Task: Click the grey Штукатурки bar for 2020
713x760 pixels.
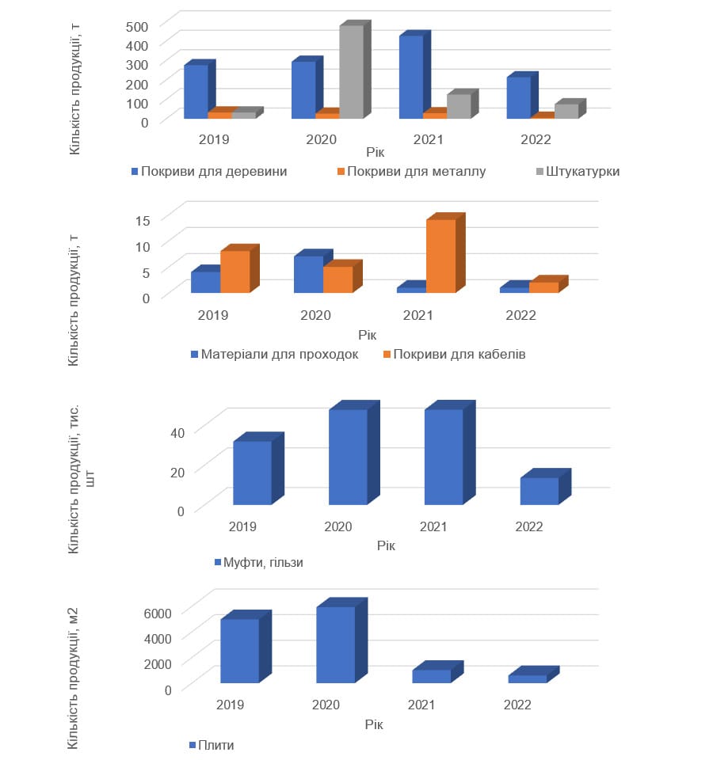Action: [x=351, y=72]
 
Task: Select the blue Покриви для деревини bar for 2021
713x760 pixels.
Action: [x=410, y=78]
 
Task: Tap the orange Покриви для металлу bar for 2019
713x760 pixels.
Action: [x=219, y=116]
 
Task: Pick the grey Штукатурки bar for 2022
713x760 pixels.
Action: [x=566, y=111]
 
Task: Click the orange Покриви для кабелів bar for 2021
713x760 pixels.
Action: [x=440, y=256]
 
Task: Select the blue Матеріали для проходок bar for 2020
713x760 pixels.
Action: [x=308, y=274]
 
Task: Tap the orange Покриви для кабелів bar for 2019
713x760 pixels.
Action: [x=234, y=272]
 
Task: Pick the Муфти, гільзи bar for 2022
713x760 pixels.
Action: [x=539, y=491]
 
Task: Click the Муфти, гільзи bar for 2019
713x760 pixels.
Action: [x=252, y=473]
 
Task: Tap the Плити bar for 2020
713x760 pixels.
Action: [x=335, y=644]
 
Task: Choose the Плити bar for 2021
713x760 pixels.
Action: [x=431, y=676]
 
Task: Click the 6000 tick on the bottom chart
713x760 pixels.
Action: [x=157, y=614]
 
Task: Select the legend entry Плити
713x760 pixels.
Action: [x=216, y=745]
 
